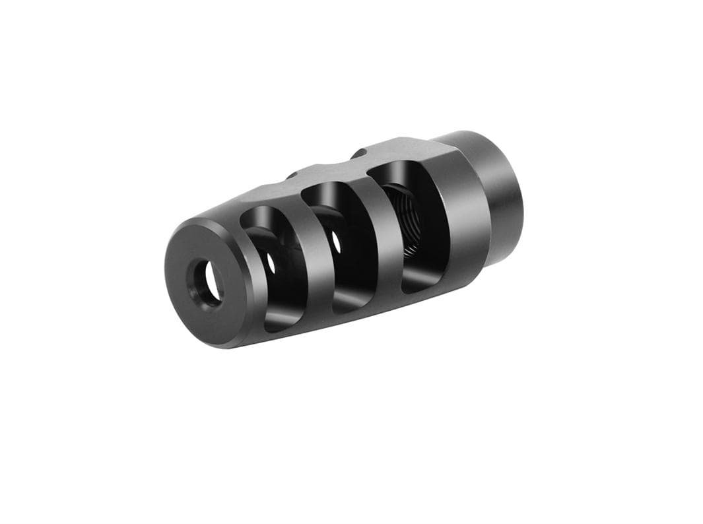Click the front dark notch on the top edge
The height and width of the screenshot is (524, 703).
click(290, 176)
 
